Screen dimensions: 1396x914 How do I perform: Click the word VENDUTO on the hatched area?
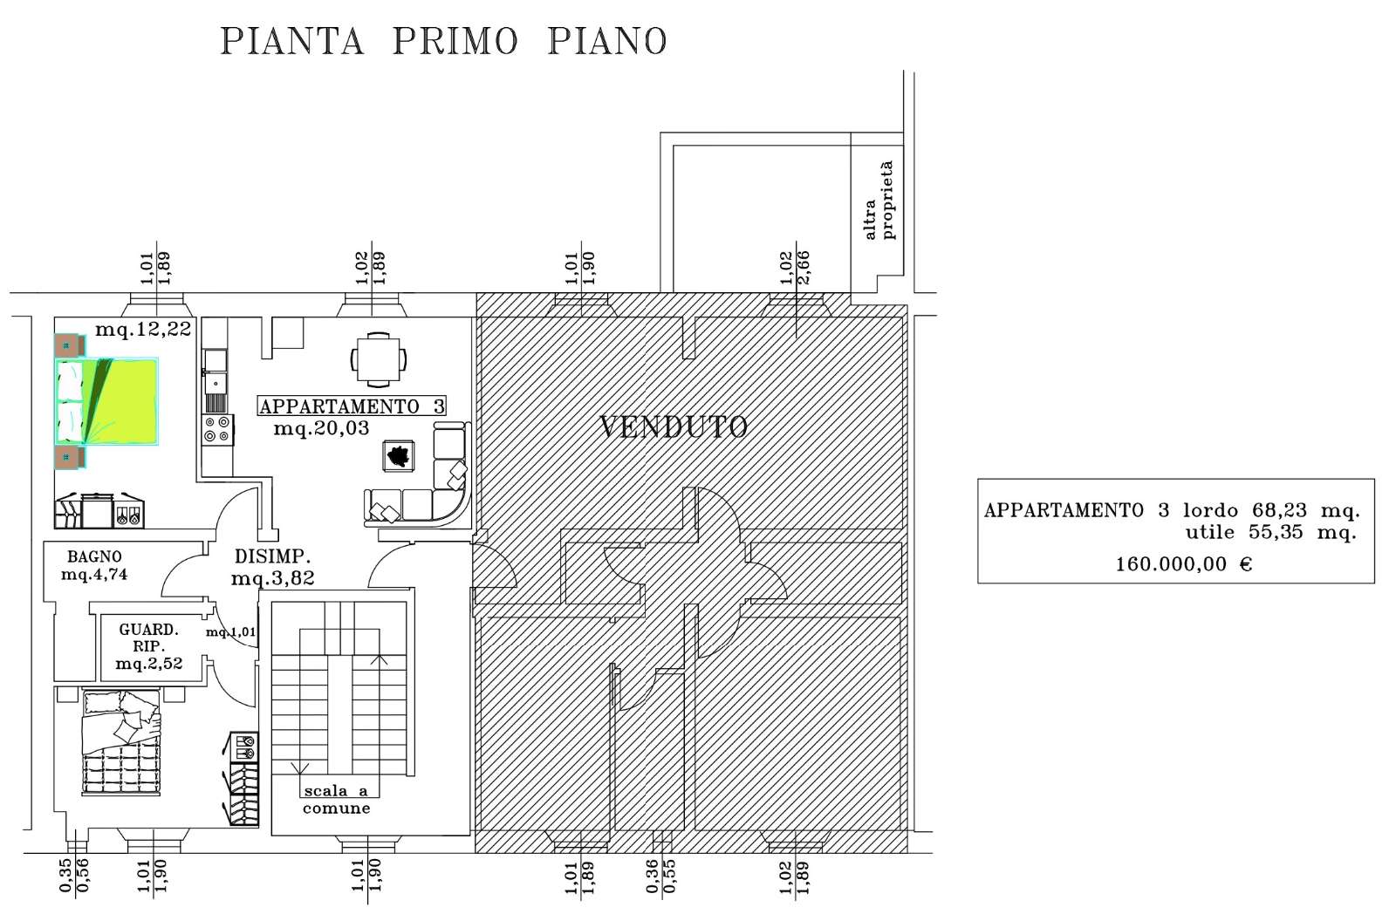[x=673, y=426]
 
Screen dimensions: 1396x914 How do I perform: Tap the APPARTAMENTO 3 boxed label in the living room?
[x=352, y=406]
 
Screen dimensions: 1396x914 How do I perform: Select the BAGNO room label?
[x=95, y=556]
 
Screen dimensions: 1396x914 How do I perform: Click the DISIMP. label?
[x=272, y=556]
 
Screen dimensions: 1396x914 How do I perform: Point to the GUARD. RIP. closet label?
[x=149, y=638]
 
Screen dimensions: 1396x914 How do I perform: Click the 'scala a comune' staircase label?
[x=337, y=800]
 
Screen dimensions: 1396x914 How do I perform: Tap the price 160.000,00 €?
[x=1183, y=564]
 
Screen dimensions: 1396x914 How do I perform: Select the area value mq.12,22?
[x=143, y=329]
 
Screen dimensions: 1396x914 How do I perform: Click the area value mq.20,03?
[x=322, y=428]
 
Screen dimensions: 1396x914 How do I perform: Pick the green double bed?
[x=106, y=401]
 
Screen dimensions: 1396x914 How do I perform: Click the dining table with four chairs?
[x=379, y=359]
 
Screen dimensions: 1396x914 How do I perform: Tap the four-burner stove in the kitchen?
[x=217, y=430]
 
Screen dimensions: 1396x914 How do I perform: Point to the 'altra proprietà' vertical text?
[x=879, y=200]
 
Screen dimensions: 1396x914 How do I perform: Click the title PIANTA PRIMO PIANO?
[x=444, y=42]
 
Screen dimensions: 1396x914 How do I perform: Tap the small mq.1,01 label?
[x=231, y=631]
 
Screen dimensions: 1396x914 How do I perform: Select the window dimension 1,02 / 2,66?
[x=795, y=267]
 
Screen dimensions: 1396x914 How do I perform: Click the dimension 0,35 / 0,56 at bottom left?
[x=74, y=875]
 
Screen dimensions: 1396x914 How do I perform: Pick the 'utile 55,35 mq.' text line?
[x=1270, y=532]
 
